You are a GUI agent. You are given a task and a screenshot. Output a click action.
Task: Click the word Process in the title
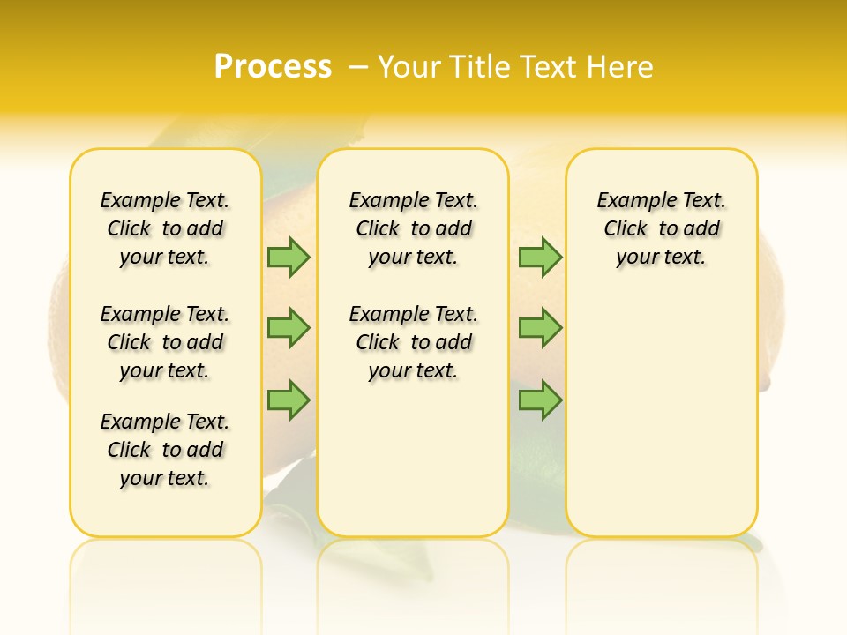pyautogui.click(x=273, y=66)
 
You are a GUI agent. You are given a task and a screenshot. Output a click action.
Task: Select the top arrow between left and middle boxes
pyautogui.click(x=288, y=257)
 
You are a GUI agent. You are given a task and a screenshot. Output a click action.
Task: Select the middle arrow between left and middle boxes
pyautogui.click(x=288, y=328)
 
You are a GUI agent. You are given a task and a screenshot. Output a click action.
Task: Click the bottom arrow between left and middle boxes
pyautogui.click(x=288, y=400)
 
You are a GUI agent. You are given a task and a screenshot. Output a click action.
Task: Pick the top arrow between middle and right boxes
pyautogui.click(x=539, y=257)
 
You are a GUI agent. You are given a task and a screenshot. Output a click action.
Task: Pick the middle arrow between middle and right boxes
pyautogui.click(x=539, y=328)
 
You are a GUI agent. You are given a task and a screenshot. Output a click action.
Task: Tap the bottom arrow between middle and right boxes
pyautogui.click(x=539, y=400)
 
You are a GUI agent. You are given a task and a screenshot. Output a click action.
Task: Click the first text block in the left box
pyautogui.click(x=165, y=228)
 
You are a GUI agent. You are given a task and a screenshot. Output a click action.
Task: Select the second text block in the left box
pyautogui.click(x=165, y=342)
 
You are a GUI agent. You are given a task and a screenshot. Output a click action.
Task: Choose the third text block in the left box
pyautogui.click(x=165, y=450)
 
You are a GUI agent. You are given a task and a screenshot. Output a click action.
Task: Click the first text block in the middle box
pyautogui.click(x=413, y=228)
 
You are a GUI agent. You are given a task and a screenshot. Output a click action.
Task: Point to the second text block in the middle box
pyautogui.click(x=413, y=342)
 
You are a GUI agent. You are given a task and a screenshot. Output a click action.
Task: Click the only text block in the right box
pyautogui.click(x=662, y=228)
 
